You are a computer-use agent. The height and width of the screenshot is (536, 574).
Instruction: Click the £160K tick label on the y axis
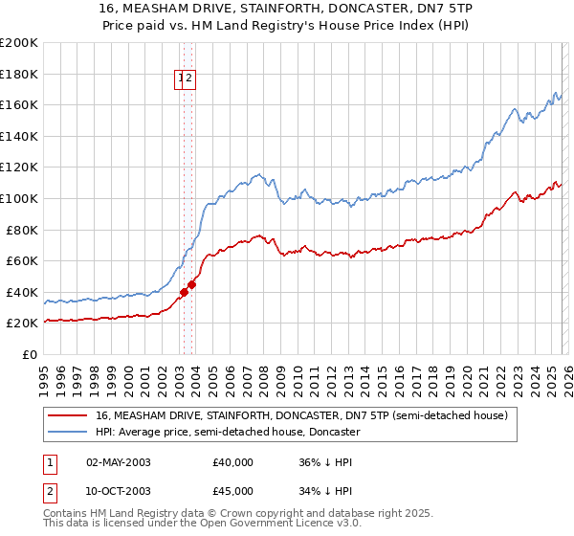click(19, 104)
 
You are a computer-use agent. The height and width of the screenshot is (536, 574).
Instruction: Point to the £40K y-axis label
click(22, 292)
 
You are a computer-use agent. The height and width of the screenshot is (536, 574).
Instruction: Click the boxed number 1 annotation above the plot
click(180, 79)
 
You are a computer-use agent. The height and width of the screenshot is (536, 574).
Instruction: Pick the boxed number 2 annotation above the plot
click(189, 79)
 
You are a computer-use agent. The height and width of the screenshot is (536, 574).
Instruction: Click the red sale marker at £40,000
click(184, 292)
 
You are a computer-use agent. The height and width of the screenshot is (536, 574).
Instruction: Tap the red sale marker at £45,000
click(191, 283)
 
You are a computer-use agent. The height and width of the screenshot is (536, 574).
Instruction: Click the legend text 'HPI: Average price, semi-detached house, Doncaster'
click(227, 432)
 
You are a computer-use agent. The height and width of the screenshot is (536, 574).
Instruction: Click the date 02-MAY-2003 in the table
click(119, 462)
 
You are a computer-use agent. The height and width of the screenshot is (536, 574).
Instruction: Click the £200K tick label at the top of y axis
click(19, 42)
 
